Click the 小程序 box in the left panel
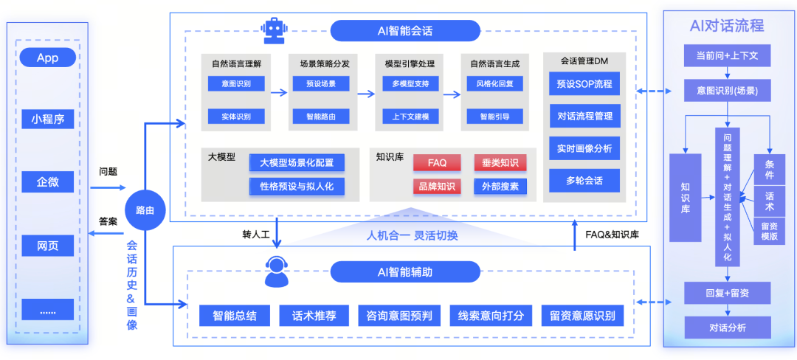[x=47, y=118]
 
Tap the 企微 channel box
[x=47, y=181]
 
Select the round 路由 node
[x=145, y=210]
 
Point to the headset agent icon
[x=276, y=271]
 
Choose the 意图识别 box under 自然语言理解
[x=236, y=83]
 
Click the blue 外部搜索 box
[x=500, y=186]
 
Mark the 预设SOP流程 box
[x=584, y=83]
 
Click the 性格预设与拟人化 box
[x=297, y=186]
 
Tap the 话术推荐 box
[x=308, y=316]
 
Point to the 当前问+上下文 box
[x=727, y=56]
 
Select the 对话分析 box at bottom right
[x=727, y=327]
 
